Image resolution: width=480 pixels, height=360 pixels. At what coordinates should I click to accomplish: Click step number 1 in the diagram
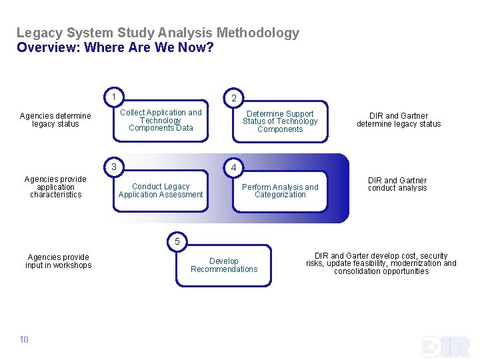pos(114,97)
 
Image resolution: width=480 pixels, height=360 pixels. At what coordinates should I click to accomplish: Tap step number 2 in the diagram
pos(233,98)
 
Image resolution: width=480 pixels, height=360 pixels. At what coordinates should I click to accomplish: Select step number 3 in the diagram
pos(114,166)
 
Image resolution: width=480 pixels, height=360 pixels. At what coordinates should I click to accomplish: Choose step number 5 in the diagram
pos(177,241)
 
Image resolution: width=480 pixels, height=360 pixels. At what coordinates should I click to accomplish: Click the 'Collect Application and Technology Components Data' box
pos(161,121)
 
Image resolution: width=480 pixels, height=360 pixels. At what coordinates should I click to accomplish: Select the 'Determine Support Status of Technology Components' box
pos(280,121)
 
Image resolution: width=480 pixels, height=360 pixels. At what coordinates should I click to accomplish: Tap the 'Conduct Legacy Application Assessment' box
pos(161,191)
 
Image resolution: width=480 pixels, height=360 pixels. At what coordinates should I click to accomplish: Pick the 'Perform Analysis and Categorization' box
pos(280,191)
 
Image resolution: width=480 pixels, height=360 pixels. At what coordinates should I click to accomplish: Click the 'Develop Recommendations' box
pos(224,265)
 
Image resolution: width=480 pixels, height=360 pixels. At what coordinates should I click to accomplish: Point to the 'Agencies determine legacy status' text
pos(55,120)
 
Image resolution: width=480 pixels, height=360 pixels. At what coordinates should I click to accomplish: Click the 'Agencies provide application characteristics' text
pos(55,187)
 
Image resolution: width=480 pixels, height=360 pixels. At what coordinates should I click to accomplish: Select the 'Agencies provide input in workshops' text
pos(59,261)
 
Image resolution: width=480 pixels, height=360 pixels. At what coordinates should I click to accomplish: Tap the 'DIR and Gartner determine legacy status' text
pos(399,120)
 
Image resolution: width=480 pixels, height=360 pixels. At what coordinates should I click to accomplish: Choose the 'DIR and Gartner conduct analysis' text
pos(397,184)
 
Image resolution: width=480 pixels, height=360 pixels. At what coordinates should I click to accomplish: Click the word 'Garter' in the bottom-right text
pos(359,256)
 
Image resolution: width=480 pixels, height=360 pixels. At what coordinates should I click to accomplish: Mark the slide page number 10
pos(24,340)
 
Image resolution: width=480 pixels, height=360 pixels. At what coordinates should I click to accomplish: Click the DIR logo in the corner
pos(446,346)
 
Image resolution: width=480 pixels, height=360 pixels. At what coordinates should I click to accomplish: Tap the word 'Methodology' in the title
pos(258,33)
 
